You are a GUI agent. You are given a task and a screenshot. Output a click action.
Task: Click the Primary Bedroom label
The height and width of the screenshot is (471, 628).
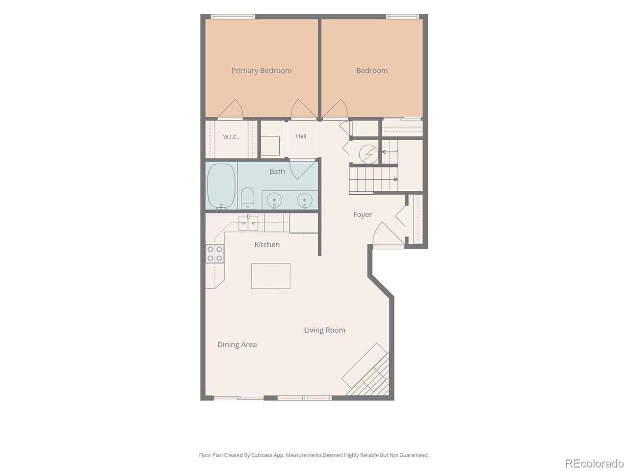point(261,71)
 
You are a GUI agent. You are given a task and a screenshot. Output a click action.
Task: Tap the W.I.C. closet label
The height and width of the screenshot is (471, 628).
point(230,137)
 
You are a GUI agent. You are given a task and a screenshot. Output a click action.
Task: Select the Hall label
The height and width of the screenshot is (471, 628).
point(301,136)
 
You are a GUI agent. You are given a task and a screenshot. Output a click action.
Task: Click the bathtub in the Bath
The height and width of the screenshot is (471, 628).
point(221,186)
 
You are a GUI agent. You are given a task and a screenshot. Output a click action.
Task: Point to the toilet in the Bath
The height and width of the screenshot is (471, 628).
point(247,198)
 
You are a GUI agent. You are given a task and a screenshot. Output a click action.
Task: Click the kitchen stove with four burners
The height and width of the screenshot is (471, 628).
point(215,254)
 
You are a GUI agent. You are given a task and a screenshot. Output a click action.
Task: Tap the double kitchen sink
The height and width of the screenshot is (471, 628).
point(248,223)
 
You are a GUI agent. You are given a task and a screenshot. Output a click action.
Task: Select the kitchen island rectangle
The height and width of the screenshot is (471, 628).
point(271,276)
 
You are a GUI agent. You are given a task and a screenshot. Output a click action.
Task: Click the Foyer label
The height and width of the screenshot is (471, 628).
point(363,214)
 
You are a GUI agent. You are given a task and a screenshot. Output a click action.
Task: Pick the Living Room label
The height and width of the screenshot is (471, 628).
point(324,330)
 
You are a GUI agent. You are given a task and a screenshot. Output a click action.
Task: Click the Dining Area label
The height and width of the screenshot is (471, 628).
point(237,344)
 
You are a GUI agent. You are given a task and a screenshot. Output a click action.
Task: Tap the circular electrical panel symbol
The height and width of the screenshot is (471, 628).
point(368,154)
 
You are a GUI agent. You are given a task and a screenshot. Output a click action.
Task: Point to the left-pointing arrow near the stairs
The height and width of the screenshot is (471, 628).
point(390,152)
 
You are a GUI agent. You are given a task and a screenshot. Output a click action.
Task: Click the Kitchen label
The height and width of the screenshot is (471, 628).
point(267,245)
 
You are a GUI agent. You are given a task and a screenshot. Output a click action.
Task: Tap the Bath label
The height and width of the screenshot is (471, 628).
point(277,172)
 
